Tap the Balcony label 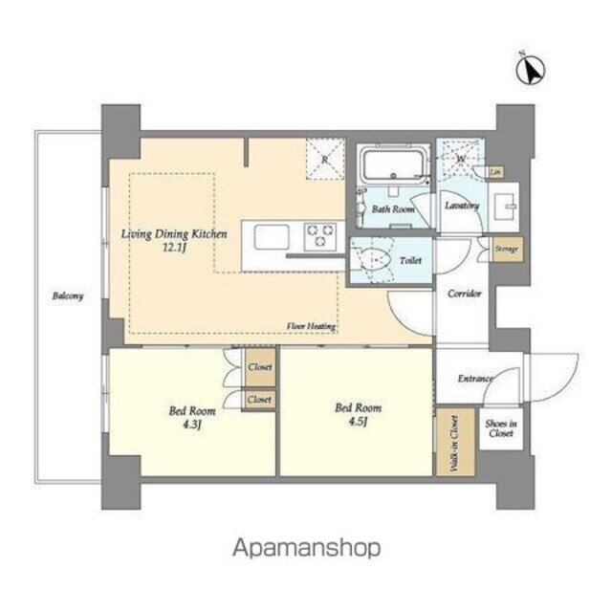point(68,295)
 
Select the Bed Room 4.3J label point(191,418)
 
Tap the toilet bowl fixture point(375,257)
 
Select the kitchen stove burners point(319,232)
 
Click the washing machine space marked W point(460,158)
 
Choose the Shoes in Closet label point(500,427)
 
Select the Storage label point(506,249)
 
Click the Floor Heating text point(311,326)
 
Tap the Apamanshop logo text point(306,547)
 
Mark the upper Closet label point(259,366)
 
